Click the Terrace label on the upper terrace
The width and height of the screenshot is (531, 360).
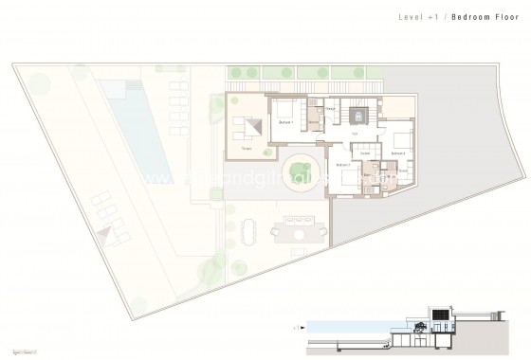[x=246, y=149]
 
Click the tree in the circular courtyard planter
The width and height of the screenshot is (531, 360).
[x=299, y=168]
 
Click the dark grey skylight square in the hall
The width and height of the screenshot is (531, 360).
[x=358, y=116]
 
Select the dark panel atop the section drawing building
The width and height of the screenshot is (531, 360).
[x=442, y=314]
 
